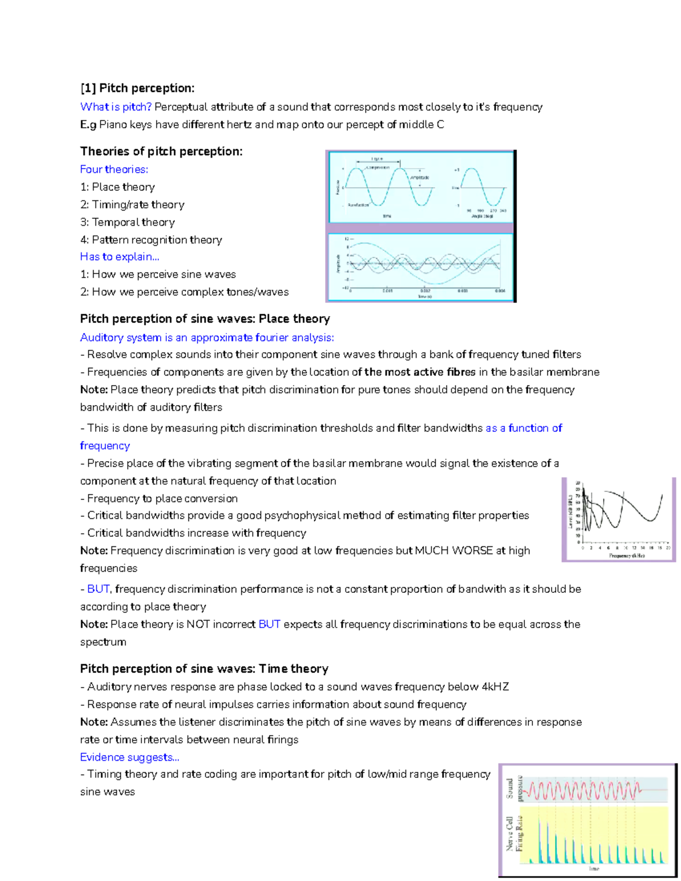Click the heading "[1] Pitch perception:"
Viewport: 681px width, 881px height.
pyautogui.click(x=137, y=88)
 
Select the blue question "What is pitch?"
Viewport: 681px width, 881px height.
pyautogui.click(x=116, y=107)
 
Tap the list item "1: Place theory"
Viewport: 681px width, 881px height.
pyautogui.click(x=117, y=187)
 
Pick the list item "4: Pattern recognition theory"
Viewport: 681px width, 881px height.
pyautogui.click(x=151, y=240)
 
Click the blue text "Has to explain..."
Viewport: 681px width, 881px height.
pyautogui.click(x=119, y=257)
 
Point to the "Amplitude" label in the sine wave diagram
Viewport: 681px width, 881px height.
pyautogui.click(x=420, y=178)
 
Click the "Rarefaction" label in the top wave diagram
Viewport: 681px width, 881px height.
pyautogui.click(x=359, y=205)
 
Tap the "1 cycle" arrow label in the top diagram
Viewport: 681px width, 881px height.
pyautogui.click(x=377, y=159)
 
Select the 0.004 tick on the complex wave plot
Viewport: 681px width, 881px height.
pyautogui.click(x=499, y=291)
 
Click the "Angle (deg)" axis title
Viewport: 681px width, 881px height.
pyautogui.click(x=482, y=216)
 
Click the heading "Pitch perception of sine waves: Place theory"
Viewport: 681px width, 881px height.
pyautogui.click(x=205, y=319)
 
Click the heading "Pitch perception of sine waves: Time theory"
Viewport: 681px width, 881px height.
pyautogui.click(x=204, y=669)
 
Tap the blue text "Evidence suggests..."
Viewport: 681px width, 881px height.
pyautogui.click(x=129, y=757)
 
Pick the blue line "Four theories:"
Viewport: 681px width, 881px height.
pyautogui.click(x=114, y=170)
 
